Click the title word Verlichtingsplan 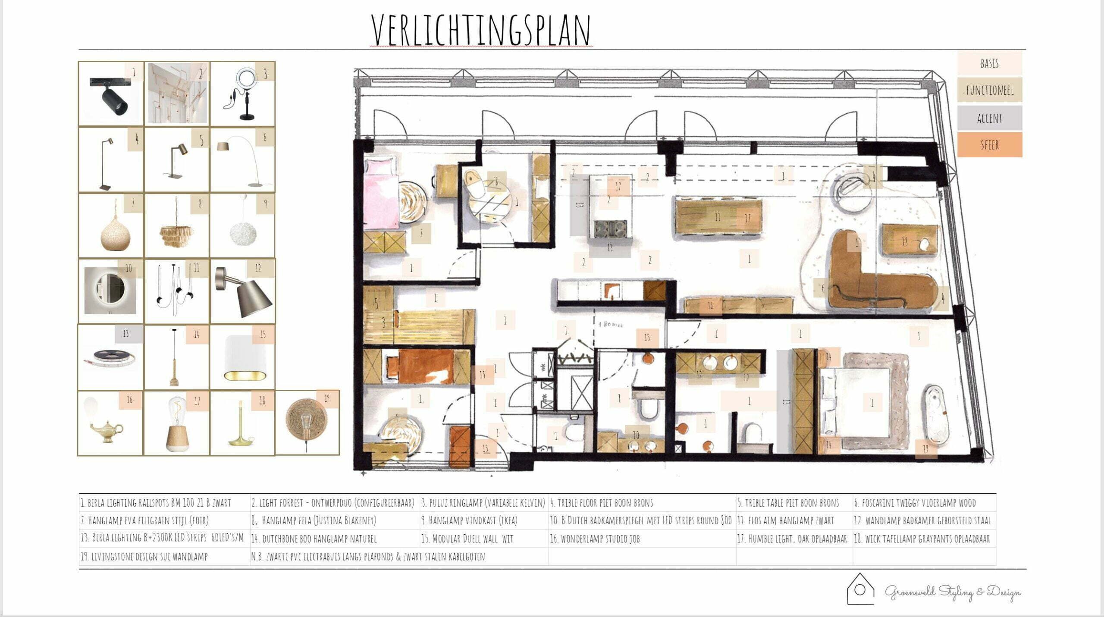[481, 30]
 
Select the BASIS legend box [989, 63]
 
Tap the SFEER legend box [989, 144]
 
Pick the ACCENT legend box [989, 118]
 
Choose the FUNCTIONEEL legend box [989, 90]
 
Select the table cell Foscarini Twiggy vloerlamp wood [923, 503]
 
